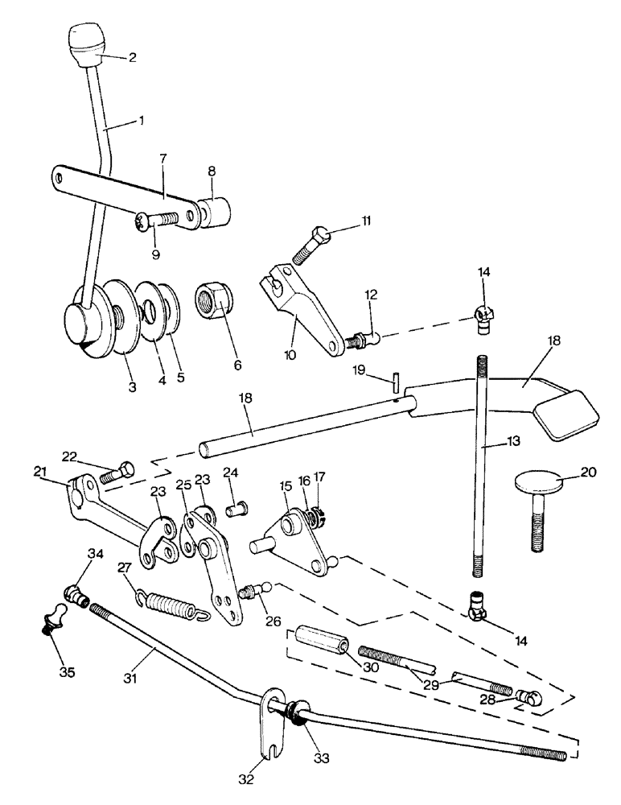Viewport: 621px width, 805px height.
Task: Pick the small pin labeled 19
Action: pos(397,380)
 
